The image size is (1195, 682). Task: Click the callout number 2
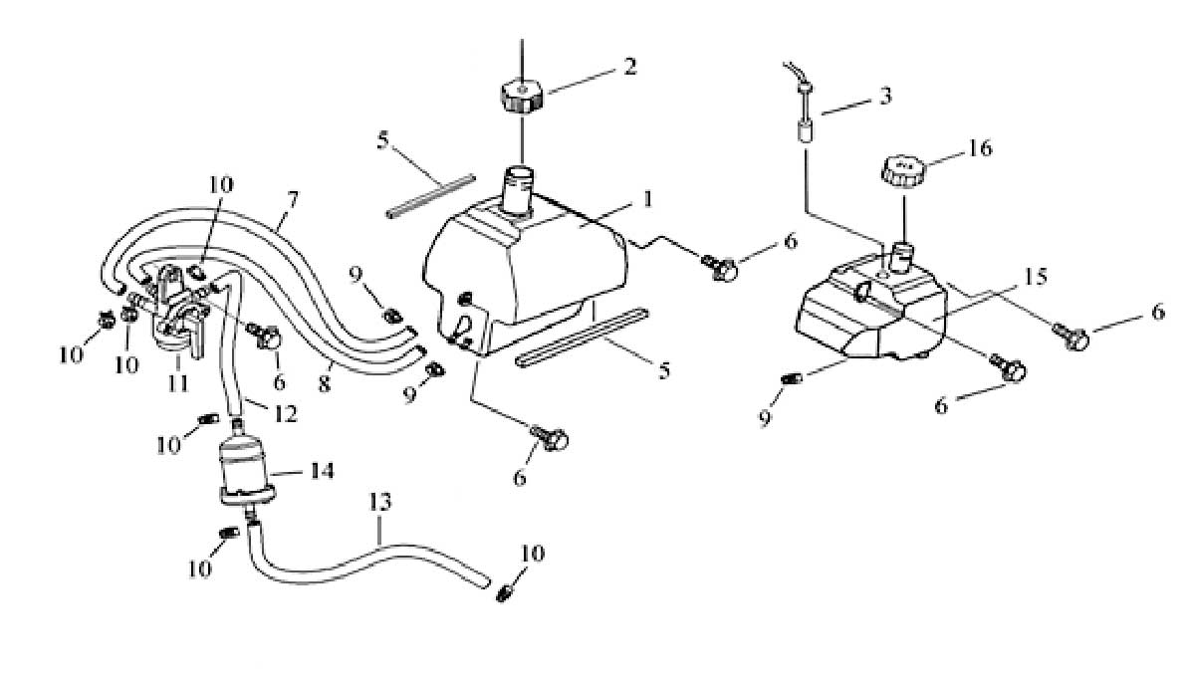coord(630,67)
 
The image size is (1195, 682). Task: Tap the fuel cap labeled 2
coord(522,96)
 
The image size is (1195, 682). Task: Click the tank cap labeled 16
coord(903,170)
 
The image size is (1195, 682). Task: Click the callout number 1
coord(647,199)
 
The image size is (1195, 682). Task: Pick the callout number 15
coord(1036,276)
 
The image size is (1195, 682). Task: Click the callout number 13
coord(380,502)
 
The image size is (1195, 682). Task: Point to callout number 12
coord(286,414)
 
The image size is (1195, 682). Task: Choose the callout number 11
coord(178,383)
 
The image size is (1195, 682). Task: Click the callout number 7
coord(293,200)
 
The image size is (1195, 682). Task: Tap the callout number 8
coord(325,384)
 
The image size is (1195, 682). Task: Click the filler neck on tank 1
coord(519,191)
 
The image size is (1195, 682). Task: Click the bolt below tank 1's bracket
coord(550,438)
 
